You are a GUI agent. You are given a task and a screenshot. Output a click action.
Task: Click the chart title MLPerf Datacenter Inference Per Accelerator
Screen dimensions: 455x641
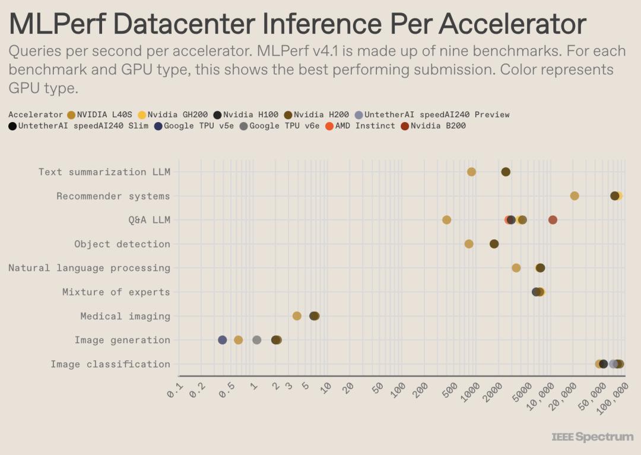coord(297,24)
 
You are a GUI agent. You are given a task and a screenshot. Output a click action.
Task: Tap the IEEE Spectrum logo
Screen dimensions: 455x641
coord(592,437)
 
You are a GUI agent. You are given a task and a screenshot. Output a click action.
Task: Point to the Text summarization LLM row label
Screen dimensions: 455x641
coord(104,172)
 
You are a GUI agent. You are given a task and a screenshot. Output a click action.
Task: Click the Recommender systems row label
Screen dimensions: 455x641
coord(113,196)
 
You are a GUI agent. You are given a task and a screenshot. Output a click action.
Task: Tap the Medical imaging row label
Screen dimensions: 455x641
coord(125,316)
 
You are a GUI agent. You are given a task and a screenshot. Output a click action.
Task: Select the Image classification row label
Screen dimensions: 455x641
coord(110,364)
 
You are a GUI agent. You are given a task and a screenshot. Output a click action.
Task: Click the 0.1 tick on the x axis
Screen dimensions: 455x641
coord(176,390)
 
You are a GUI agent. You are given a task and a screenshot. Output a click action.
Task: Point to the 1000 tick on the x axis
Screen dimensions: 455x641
coord(471,392)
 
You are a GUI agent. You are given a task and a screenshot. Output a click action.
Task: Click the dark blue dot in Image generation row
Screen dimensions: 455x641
coord(223,340)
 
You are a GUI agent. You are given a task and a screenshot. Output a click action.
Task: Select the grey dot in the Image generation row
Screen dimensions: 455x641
coord(257,340)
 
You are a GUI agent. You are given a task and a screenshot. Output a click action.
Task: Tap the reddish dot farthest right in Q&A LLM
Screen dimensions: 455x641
coord(553,220)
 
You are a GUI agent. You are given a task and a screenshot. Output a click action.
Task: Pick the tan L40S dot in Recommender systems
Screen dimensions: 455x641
coord(575,196)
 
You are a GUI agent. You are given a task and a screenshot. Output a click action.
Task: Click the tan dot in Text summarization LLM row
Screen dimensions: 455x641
coord(472,172)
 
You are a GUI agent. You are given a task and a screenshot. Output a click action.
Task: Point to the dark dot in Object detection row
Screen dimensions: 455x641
coord(494,244)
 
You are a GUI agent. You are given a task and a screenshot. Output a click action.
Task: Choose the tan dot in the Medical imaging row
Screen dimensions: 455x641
coord(297,316)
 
